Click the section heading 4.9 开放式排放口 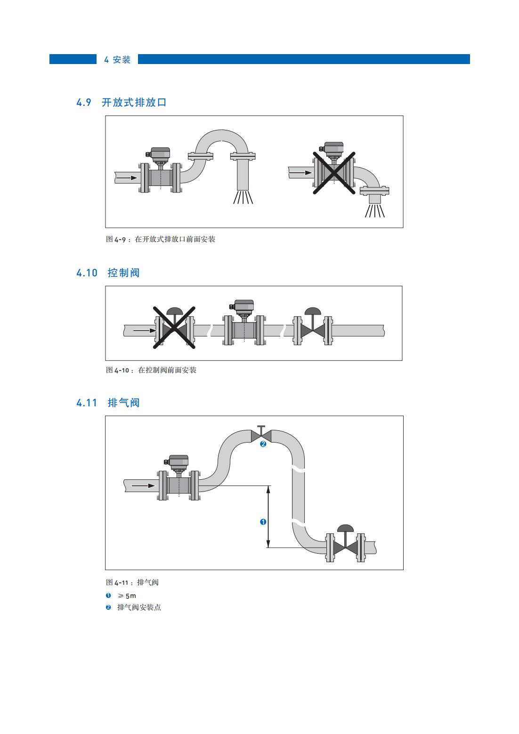pos(122,103)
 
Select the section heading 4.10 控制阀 pos(108,273)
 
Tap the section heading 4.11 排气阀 pos(108,403)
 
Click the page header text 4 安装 pos(117,60)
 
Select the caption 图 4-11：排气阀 pos(132,582)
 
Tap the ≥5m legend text pos(127,596)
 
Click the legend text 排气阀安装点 pos(139,607)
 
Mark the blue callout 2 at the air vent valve pos(263,444)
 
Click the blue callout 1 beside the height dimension pos(263,522)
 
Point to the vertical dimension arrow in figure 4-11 pos(268,516)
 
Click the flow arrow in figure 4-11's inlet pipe pos(144,485)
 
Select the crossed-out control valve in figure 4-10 pos(174,327)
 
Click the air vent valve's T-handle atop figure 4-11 pos(261,429)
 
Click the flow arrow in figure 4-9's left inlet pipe pos(127,178)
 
